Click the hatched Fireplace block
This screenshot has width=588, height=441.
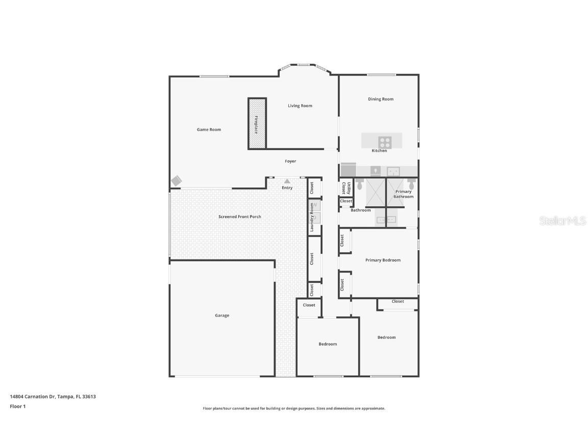click(x=257, y=124)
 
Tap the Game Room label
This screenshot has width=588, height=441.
click(x=209, y=130)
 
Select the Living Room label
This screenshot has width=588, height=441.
click(x=300, y=106)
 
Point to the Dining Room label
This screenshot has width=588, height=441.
click(x=381, y=99)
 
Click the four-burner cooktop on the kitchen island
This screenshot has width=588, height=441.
click(x=384, y=141)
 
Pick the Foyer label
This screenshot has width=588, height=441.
click(x=290, y=161)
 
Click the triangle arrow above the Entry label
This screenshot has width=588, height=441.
click(x=287, y=181)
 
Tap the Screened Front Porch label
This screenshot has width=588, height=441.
click(x=239, y=216)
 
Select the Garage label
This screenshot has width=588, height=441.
click(x=222, y=315)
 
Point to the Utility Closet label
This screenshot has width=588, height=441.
click(x=346, y=188)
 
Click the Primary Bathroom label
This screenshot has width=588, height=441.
click(x=403, y=194)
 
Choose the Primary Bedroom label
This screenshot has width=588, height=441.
click(x=383, y=260)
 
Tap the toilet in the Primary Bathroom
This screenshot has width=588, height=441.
click(x=411, y=183)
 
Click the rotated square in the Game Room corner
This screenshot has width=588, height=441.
click(x=176, y=181)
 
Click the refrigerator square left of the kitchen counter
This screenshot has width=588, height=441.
click(x=348, y=169)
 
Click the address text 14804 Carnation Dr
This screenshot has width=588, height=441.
click(x=53, y=397)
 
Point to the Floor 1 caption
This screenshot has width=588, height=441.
click(x=17, y=406)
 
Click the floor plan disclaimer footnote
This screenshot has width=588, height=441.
click(x=294, y=408)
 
